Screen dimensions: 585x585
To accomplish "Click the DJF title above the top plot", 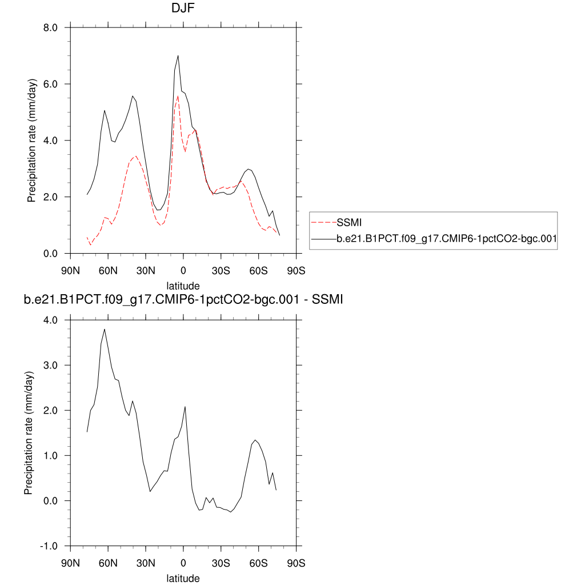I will (x=183, y=9).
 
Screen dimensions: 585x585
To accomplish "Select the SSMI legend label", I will (x=350, y=222).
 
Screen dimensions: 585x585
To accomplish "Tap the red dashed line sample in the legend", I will (x=324, y=222).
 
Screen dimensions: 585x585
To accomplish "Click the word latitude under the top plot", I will (x=183, y=285).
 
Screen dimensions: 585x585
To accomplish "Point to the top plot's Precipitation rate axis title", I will (x=31, y=141).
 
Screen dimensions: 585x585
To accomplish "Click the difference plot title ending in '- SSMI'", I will (x=183, y=300).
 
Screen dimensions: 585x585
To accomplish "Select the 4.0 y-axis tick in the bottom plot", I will (x=51, y=320).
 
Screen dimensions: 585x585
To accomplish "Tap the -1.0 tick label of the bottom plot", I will (x=49, y=546).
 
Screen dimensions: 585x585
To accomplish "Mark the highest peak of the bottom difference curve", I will (x=104, y=329).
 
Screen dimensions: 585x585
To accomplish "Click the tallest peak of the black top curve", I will (x=178, y=55).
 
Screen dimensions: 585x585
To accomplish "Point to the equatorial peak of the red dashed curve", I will (x=178, y=95).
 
